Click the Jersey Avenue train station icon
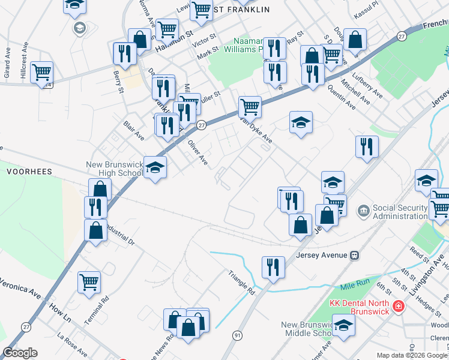(x=355, y=254)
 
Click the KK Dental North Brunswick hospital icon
(x=397, y=308)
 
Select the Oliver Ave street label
(x=197, y=153)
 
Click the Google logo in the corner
(x=20, y=353)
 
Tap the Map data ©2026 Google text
(x=412, y=355)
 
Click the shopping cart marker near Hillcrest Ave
(x=41, y=73)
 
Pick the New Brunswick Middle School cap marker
(x=343, y=326)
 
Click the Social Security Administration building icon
(x=364, y=211)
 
